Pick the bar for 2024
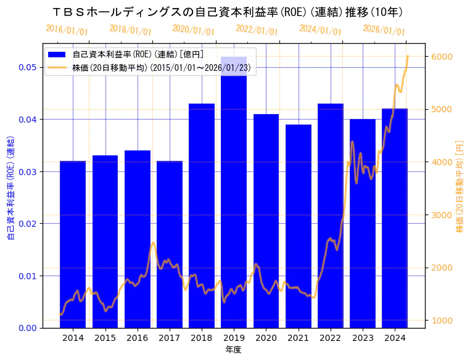coord(395,218)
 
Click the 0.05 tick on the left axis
coord(27,67)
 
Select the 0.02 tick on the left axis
coord(27,224)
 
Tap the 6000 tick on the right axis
coord(442,57)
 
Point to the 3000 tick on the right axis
coord(442,215)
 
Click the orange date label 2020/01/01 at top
coord(194,30)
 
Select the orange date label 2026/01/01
coord(384,30)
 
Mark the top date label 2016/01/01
coord(67,30)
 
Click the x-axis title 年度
coord(233,350)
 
